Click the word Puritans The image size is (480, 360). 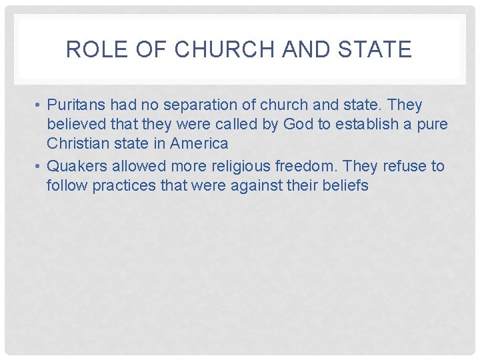point(76,105)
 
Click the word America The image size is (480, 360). point(198,143)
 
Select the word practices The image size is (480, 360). point(125,185)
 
